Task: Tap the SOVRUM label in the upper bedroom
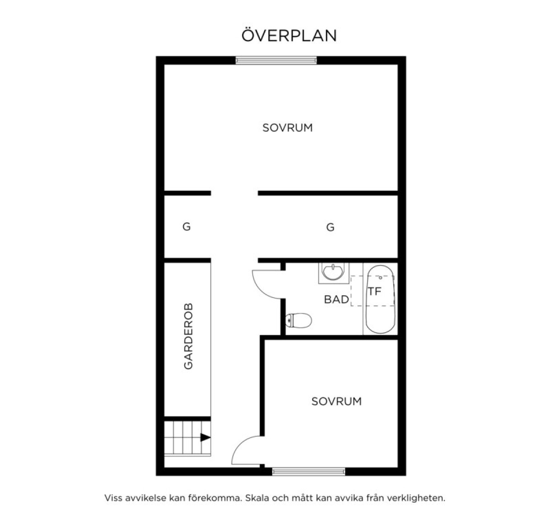click(287, 128)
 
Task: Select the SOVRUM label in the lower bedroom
click(336, 401)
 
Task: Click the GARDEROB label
click(188, 336)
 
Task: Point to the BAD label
click(336, 299)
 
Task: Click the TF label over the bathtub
click(375, 291)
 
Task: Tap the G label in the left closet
click(187, 227)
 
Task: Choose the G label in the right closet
click(330, 227)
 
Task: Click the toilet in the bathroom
click(298, 320)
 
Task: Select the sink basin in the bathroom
click(334, 272)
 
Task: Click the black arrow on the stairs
click(205, 438)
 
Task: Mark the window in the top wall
click(276, 60)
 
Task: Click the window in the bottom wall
click(308, 471)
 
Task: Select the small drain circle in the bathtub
click(380, 278)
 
